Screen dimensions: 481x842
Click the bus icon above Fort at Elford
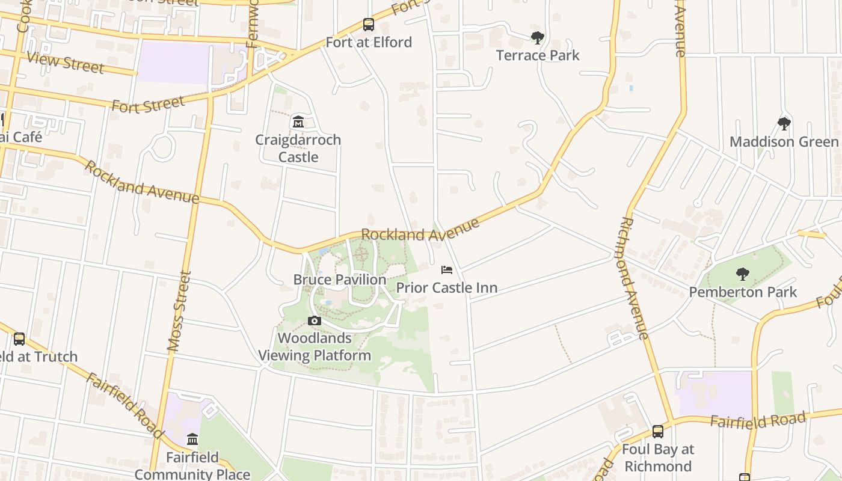369,25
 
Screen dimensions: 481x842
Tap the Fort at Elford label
369,42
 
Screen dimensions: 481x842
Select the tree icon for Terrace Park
538,38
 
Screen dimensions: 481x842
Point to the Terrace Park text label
538,55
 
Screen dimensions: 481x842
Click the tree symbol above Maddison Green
784,124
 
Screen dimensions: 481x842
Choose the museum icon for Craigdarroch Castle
298,122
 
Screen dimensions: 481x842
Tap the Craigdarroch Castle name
298,148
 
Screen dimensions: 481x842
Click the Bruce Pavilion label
340,280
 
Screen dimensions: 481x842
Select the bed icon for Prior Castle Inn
447,270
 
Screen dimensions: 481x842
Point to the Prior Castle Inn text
447,288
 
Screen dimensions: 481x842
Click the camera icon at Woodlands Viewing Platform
315,320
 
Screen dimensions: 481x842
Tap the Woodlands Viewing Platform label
315,347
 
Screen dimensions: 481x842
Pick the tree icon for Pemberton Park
743,274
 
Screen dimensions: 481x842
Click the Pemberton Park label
743,292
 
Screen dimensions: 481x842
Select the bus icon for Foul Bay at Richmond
658,431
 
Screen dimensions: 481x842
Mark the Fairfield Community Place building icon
192,440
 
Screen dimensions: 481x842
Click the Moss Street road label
179,311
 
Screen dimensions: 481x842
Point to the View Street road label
66,62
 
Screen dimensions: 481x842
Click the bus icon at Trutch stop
19,339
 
